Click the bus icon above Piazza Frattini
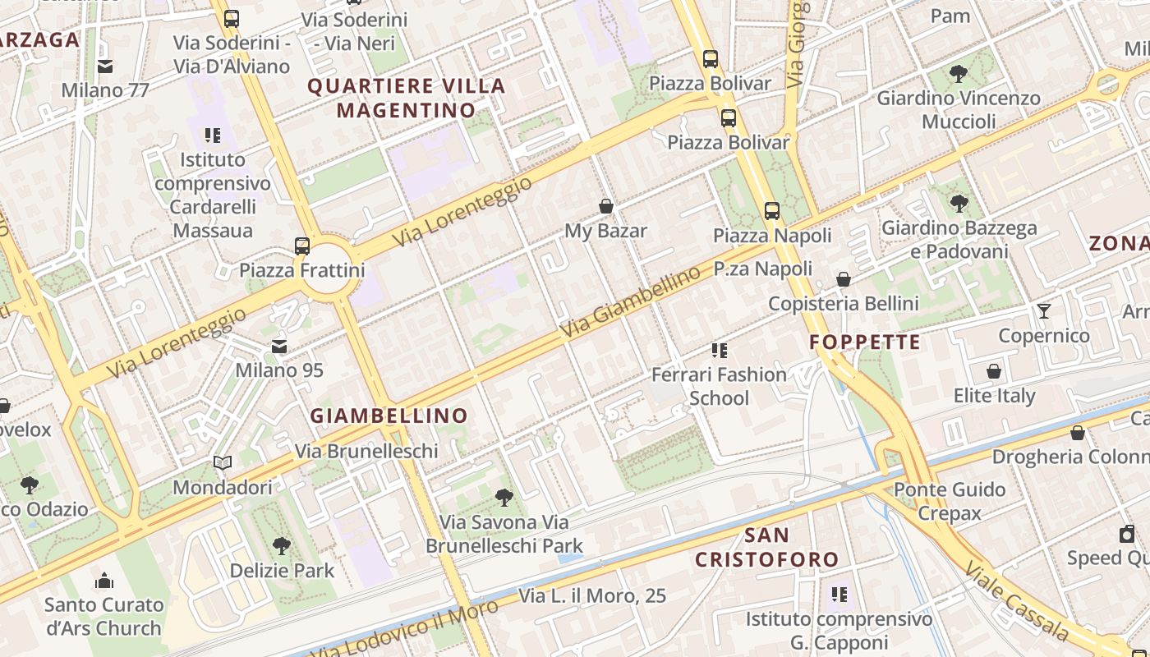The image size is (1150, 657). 302,246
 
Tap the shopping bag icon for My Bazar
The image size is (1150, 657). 606,206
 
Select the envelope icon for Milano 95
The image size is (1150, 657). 279,347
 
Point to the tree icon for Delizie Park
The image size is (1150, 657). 282,545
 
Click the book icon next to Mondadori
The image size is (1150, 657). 223,462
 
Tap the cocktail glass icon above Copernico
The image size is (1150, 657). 1043,310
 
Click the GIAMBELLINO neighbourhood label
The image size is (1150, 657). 389,416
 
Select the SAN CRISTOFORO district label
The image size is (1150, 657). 766,548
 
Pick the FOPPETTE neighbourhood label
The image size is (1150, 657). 865,342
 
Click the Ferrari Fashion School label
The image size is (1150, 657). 719,386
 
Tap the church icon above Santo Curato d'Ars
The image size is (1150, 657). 104,581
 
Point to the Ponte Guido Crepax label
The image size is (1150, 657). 950,501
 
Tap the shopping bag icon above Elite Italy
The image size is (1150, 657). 994,371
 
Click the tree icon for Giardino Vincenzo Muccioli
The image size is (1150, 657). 958,74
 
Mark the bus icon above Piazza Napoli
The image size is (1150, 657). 772,210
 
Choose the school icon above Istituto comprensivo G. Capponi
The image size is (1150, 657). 839,593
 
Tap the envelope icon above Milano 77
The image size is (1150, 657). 105,67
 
